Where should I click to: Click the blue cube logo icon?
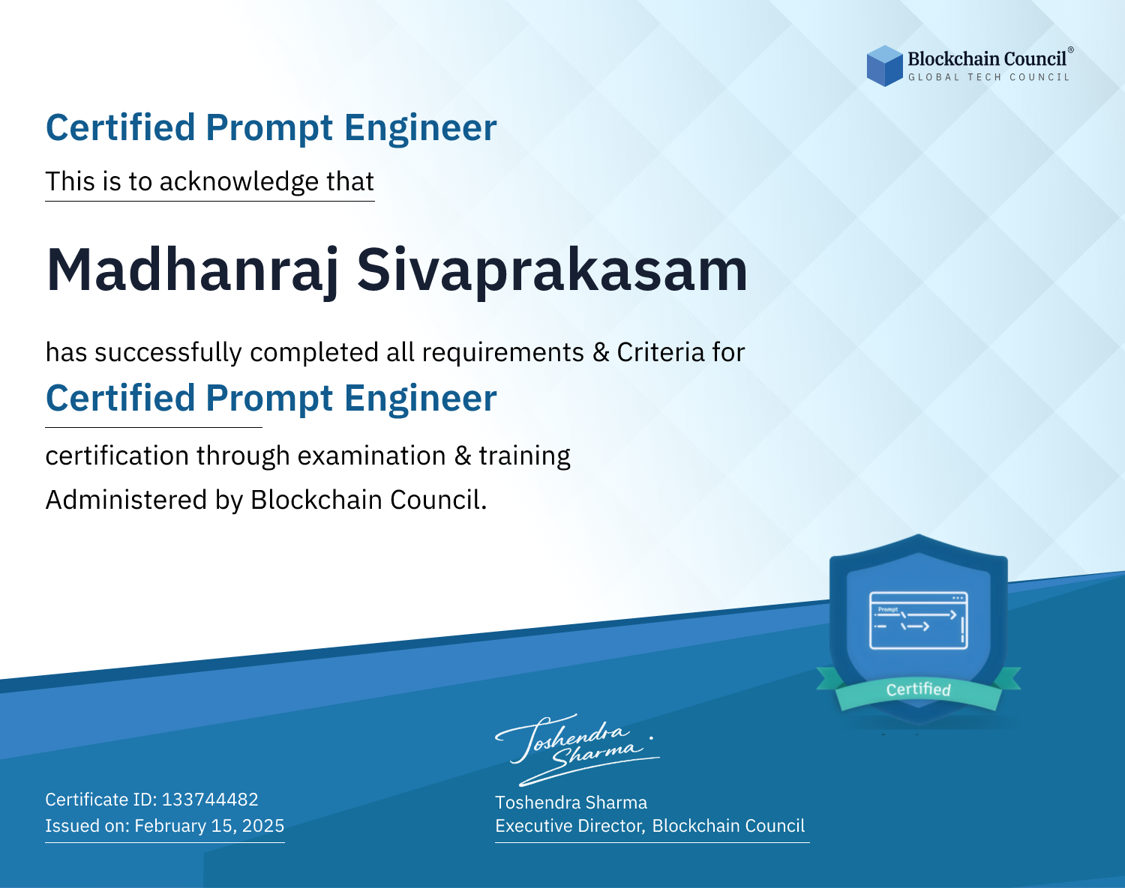click(x=884, y=66)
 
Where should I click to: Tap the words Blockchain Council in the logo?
click(x=987, y=58)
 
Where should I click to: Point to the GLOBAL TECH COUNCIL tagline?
click(x=988, y=77)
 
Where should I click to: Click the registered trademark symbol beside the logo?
click(x=1071, y=50)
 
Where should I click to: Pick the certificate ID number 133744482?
click(x=210, y=799)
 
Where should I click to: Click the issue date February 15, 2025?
click(x=209, y=826)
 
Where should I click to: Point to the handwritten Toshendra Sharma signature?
click(x=577, y=749)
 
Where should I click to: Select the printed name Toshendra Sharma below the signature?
click(x=571, y=803)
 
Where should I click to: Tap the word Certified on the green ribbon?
click(x=919, y=689)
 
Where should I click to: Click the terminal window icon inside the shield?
click(x=919, y=620)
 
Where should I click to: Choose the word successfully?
click(x=168, y=352)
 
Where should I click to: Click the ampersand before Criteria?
click(x=601, y=353)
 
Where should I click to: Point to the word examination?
click(x=371, y=456)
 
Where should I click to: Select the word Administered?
click(x=126, y=500)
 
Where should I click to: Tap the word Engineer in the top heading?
click(x=420, y=128)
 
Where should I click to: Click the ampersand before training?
click(x=463, y=456)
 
